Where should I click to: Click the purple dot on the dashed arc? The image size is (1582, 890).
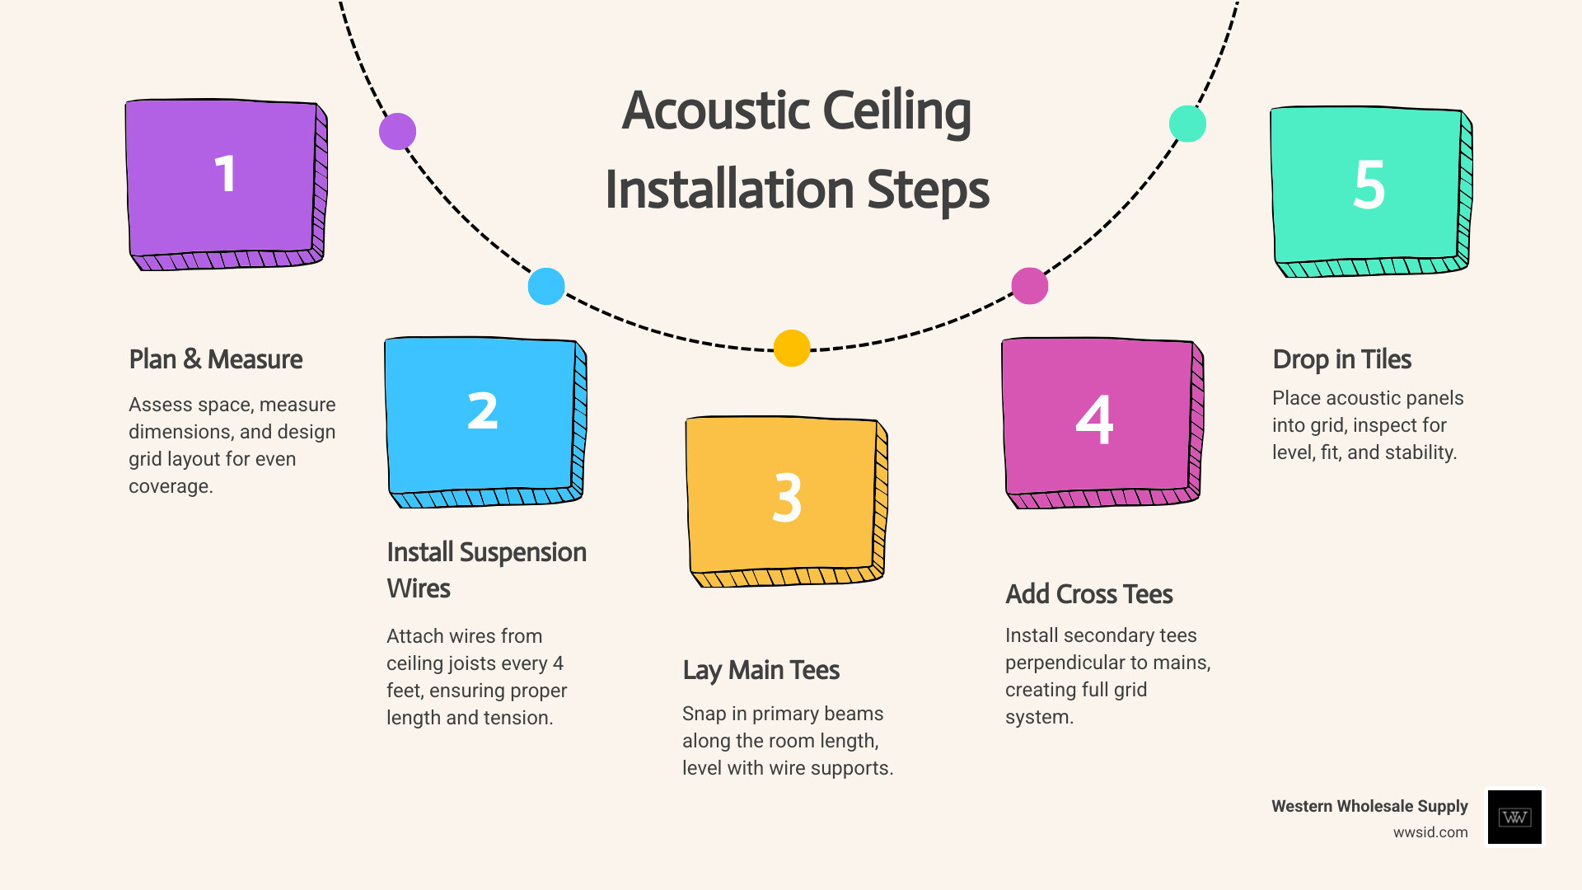pos(397,132)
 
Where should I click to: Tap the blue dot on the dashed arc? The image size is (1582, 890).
pos(546,286)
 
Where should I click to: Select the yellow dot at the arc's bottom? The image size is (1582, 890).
pos(792,348)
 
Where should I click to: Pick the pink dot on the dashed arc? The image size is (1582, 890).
pos(1029,286)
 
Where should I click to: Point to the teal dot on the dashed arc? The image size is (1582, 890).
pos(1187,124)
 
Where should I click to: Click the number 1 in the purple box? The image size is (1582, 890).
pos(225,174)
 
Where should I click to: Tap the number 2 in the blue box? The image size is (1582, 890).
pos(483,410)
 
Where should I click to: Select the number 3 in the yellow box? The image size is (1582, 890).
pos(787,498)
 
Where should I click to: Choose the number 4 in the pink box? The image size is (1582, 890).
pos(1094,419)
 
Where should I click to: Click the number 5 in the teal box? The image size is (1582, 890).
pos(1369,185)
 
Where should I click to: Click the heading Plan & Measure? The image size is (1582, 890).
pos(216,359)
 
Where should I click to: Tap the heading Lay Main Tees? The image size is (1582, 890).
pos(761,670)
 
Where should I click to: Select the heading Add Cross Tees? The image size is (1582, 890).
pos(1088,594)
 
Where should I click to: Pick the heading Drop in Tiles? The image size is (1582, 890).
pos(1341,359)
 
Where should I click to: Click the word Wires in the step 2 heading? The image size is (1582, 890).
pos(419,588)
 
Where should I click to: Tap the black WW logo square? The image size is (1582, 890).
pos(1514,817)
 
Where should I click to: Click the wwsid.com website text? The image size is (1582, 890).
pos(1430,832)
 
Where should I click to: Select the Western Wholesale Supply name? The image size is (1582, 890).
pos(1369,806)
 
